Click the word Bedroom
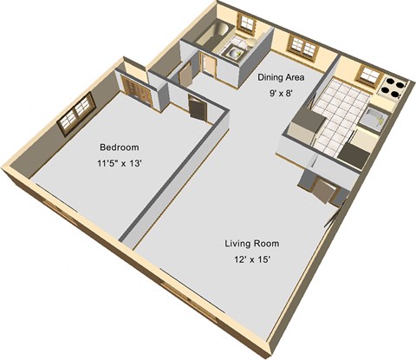tap(120, 147)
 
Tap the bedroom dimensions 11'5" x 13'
tap(119, 164)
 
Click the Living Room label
tap(252, 244)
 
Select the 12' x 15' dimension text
tap(252, 259)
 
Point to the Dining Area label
tap(281, 77)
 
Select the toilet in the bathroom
tap(252, 41)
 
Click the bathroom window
tap(246, 22)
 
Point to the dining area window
tap(303, 46)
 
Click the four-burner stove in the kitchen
tap(393, 88)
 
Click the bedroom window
tap(76, 114)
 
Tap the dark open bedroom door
tap(198, 107)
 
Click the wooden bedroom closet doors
tap(136, 89)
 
